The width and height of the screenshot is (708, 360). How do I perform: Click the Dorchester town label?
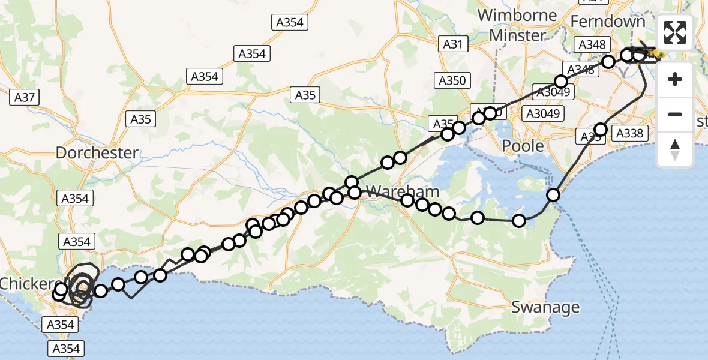97,152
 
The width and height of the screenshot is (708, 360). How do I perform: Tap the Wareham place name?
402,193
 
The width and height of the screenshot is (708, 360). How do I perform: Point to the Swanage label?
545,307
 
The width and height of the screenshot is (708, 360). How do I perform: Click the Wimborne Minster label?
517,25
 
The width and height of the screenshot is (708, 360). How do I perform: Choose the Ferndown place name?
608,22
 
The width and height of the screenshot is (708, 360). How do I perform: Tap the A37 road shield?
25,96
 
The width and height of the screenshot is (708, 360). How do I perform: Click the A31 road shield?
453,43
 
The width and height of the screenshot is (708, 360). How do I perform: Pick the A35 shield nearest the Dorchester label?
141,119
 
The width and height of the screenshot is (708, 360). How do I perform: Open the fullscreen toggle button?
675,32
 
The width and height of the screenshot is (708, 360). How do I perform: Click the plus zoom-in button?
675,79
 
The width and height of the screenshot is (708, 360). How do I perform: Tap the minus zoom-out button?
675,114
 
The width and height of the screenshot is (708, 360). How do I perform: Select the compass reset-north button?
675,149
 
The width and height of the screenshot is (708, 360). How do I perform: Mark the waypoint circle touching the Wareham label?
355,192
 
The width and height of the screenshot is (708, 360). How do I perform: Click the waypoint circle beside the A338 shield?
601,129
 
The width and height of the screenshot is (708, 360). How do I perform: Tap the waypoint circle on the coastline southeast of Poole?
553,194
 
